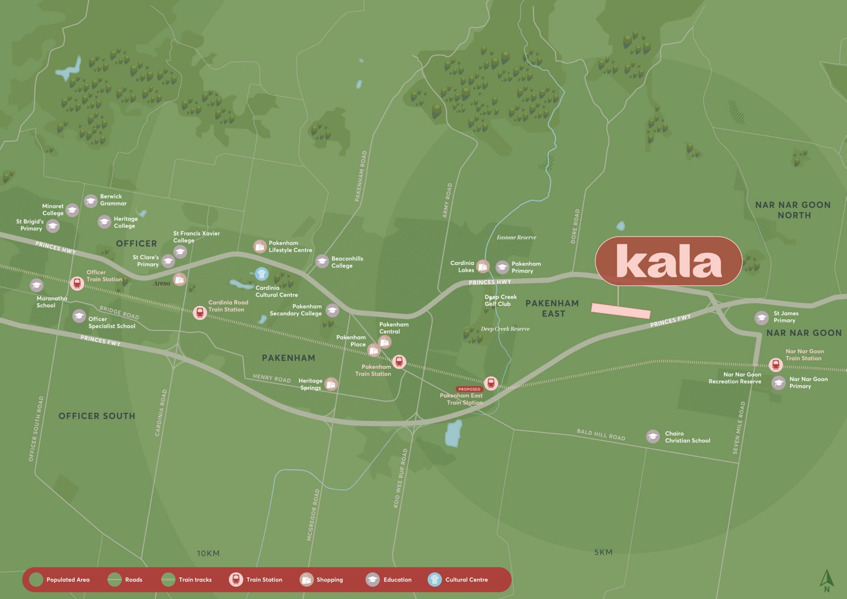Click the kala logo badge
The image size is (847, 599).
click(668, 261)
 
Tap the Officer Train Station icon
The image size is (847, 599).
click(77, 283)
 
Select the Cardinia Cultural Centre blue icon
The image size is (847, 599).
click(262, 274)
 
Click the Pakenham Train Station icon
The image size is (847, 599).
click(399, 362)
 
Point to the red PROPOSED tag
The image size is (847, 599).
click(469, 389)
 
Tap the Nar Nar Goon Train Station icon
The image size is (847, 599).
click(775, 365)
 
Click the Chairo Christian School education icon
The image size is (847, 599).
click(653, 436)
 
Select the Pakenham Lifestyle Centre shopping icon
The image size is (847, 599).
click(260, 246)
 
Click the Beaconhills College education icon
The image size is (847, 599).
click(322, 262)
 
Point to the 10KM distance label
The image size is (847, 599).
click(208, 553)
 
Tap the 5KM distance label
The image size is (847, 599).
click(603, 552)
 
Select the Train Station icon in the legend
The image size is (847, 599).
click(236, 580)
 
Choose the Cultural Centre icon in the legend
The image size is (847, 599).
click(435, 580)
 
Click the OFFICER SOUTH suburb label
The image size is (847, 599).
click(97, 416)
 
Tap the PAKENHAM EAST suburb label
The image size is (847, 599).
click(552, 308)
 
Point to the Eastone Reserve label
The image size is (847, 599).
click(516, 237)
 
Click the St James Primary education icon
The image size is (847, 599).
click(761, 317)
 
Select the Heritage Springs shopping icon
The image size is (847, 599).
click(331, 384)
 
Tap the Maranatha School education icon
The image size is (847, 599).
click(37, 285)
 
